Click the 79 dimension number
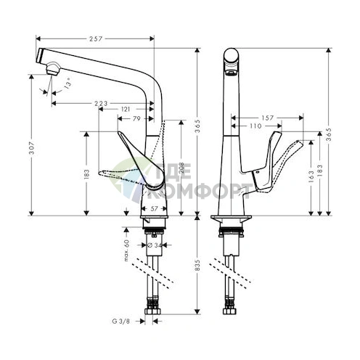pos(136,118)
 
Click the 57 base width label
pos(153,208)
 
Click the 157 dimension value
pos(267,117)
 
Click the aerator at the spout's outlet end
pos(52,69)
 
